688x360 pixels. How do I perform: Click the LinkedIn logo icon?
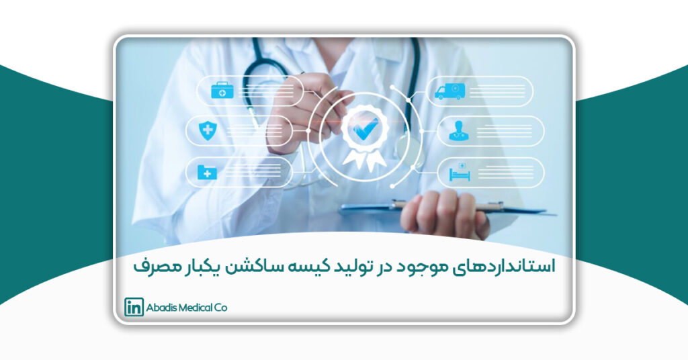point(134,307)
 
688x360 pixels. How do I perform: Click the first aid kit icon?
point(222,90)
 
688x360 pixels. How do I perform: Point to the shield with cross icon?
point(208,131)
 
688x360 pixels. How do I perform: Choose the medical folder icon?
point(207,173)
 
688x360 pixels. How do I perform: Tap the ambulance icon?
point(449,91)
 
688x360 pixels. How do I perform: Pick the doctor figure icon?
point(459,131)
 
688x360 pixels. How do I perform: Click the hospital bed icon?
point(460,172)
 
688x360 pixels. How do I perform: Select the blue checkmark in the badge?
point(365,129)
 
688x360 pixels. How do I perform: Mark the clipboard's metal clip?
point(447,206)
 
